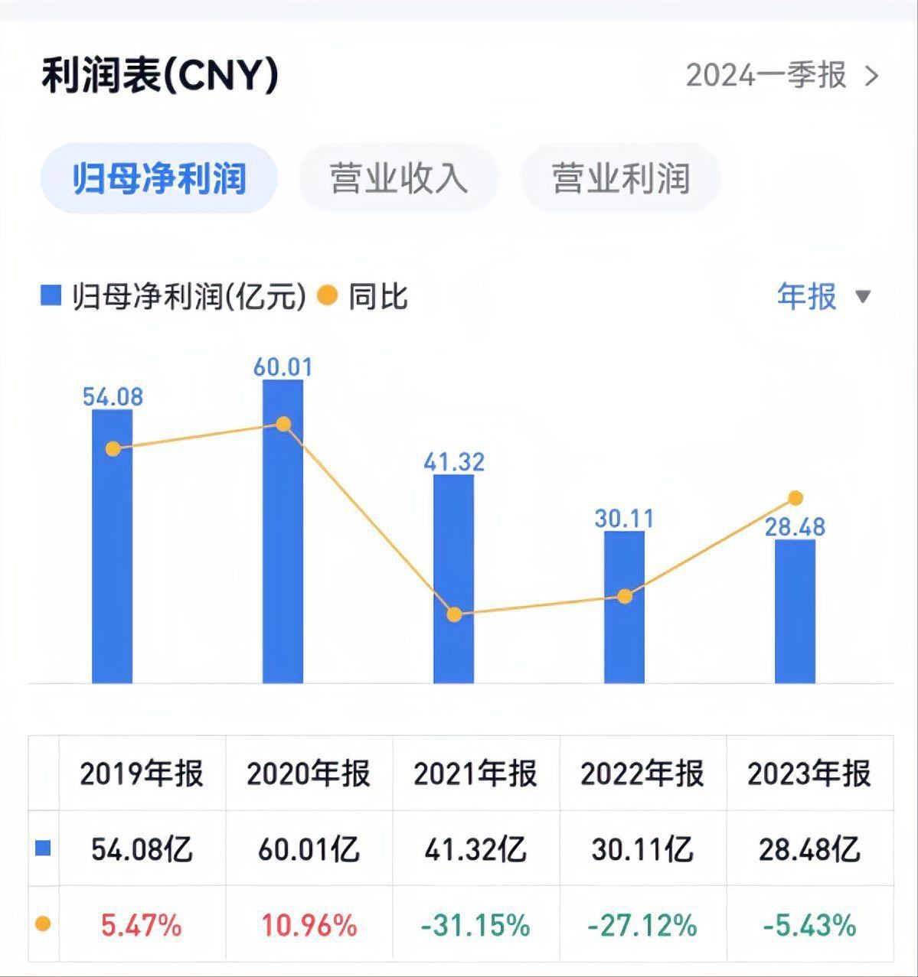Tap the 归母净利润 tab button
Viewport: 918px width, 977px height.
(158, 178)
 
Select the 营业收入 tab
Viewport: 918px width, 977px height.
(398, 178)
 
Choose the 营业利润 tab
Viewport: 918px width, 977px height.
(620, 178)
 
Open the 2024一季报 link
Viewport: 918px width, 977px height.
(782, 76)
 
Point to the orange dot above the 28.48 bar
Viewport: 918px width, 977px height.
(795, 498)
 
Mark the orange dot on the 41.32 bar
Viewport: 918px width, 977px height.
(454, 614)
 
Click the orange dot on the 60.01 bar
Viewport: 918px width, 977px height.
(283, 424)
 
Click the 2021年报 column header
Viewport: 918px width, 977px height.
(475, 773)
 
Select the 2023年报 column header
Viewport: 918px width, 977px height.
(809, 773)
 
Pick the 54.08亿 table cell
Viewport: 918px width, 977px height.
(142, 849)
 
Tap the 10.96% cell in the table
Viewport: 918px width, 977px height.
(309, 926)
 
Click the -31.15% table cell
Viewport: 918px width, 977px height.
(475, 926)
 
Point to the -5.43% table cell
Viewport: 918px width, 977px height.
(809, 926)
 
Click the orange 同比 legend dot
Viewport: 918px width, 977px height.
(327, 295)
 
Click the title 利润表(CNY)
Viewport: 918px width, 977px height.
(160, 76)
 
